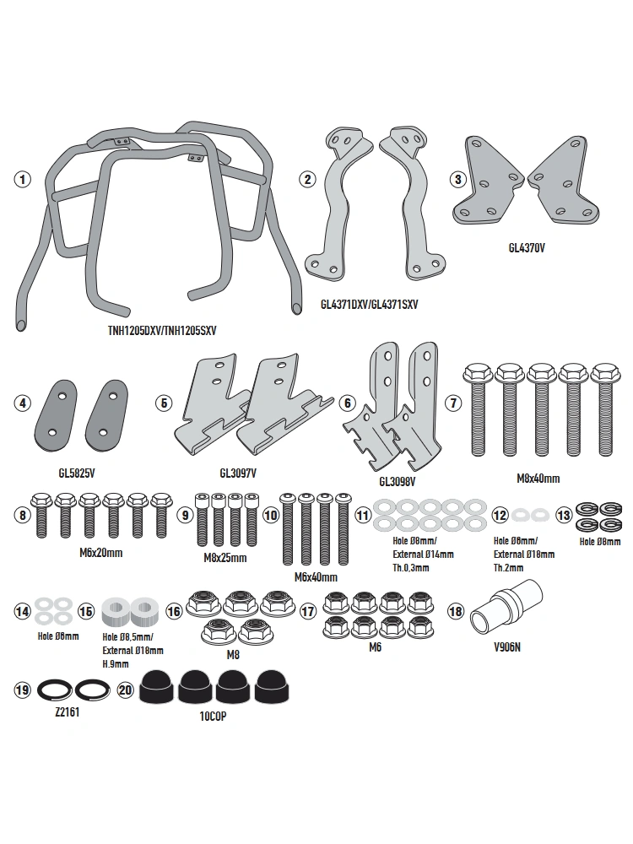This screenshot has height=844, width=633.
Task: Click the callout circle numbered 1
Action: [x=22, y=179]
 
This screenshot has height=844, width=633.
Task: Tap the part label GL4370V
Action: [x=527, y=248]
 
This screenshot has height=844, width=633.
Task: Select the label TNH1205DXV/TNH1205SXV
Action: [x=162, y=331]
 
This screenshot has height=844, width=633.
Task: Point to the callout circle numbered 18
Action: [x=456, y=611]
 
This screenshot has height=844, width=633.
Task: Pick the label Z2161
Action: [x=68, y=712]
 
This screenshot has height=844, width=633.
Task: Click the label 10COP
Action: [x=214, y=717]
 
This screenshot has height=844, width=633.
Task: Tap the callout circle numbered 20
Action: [x=126, y=690]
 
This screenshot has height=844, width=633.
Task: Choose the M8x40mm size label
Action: [x=538, y=478]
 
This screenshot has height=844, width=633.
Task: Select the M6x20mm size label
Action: [x=101, y=553]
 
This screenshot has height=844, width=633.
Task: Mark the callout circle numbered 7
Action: [x=454, y=403]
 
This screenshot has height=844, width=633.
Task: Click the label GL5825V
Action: [x=77, y=473]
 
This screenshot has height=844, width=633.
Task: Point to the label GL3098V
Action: [x=398, y=481]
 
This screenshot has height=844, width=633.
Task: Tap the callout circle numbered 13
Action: [x=564, y=516]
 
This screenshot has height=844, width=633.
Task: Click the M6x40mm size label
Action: [x=316, y=577]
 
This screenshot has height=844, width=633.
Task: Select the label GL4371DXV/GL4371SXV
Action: [x=370, y=305]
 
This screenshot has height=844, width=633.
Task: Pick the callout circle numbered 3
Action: [x=458, y=179]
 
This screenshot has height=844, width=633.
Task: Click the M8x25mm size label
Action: [x=225, y=558]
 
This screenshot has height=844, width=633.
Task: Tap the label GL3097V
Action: [x=238, y=473]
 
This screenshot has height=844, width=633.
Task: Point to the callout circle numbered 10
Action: [x=271, y=516]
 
